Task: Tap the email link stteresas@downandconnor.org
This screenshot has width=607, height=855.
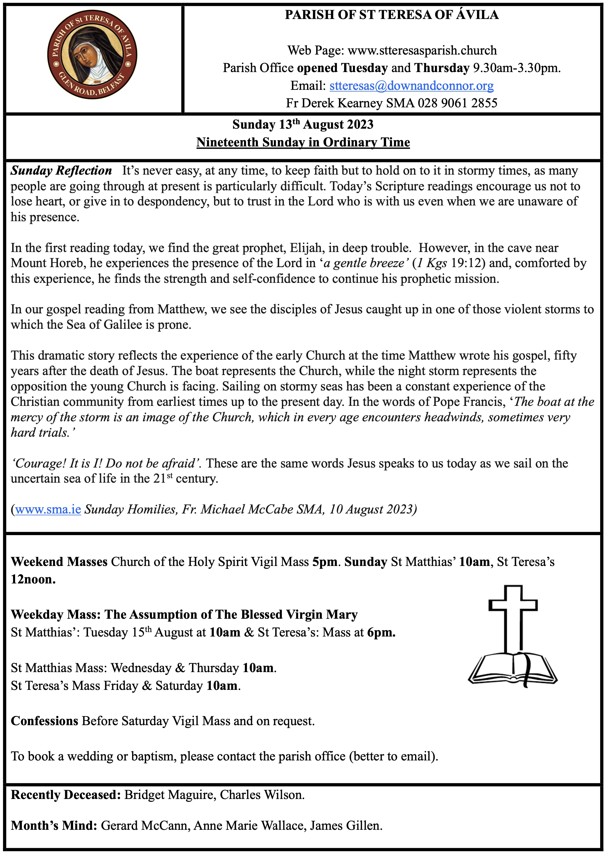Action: (411, 86)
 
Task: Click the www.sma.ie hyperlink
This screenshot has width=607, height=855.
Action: (48, 510)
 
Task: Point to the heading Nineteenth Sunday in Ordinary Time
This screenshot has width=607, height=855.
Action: (303, 143)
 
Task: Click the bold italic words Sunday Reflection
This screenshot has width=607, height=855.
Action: (61, 171)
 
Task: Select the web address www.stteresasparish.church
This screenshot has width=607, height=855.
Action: (422, 50)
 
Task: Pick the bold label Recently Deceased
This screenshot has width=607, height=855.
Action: (66, 795)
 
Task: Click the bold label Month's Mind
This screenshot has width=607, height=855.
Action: (54, 825)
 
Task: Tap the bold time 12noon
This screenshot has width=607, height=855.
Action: (33, 580)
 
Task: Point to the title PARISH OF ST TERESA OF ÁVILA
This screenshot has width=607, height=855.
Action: (392, 15)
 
